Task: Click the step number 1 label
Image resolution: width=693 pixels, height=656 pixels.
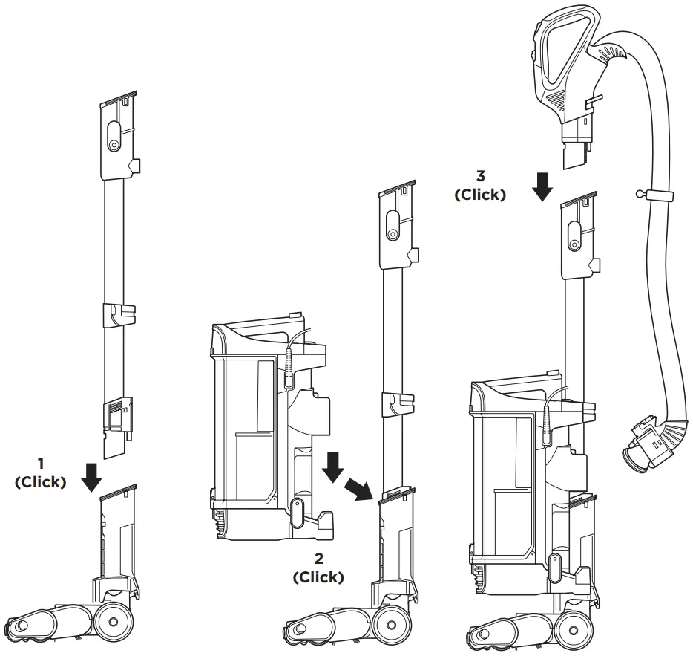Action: tap(41, 464)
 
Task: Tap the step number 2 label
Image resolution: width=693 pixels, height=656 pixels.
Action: tap(318, 559)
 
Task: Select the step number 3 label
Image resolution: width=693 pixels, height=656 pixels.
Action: tap(480, 178)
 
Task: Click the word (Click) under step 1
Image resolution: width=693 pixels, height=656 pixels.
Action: tap(41, 481)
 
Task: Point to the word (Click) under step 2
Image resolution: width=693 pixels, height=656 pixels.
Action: tap(318, 577)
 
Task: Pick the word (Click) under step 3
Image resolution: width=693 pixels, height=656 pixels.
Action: tap(480, 195)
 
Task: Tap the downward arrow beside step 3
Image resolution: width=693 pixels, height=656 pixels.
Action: tap(543, 187)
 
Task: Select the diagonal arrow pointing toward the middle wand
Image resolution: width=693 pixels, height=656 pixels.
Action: tap(358, 489)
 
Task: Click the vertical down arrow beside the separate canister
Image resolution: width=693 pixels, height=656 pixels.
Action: tap(332, 467)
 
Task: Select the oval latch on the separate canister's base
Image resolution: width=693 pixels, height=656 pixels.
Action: tap(297, 512)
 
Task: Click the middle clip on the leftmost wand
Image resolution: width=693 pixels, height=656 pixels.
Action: tap(119, 314)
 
